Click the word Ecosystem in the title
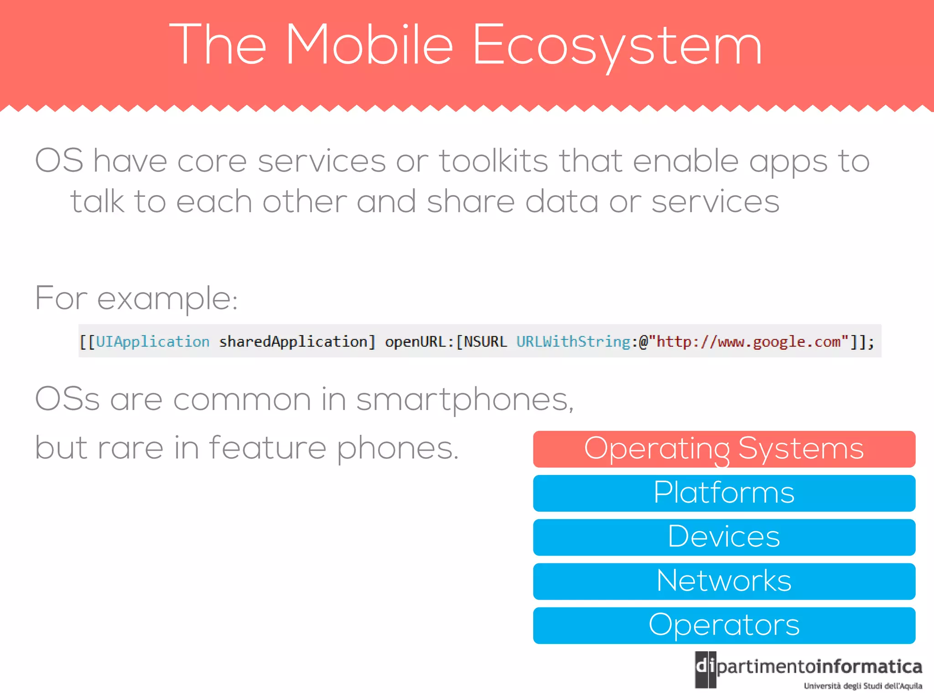pos(617,46)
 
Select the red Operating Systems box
pos(724,449)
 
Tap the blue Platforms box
pos(724,493)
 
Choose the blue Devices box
pos(724,537)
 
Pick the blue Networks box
pos(724,581)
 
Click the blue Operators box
pos(724,625)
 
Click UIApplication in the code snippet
pos(152,341)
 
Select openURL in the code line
pos(414,341)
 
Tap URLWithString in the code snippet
pos(573,341)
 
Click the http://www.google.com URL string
pos(748,341)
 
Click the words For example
pos(136,299)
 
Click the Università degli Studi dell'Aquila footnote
pos(862,686)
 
